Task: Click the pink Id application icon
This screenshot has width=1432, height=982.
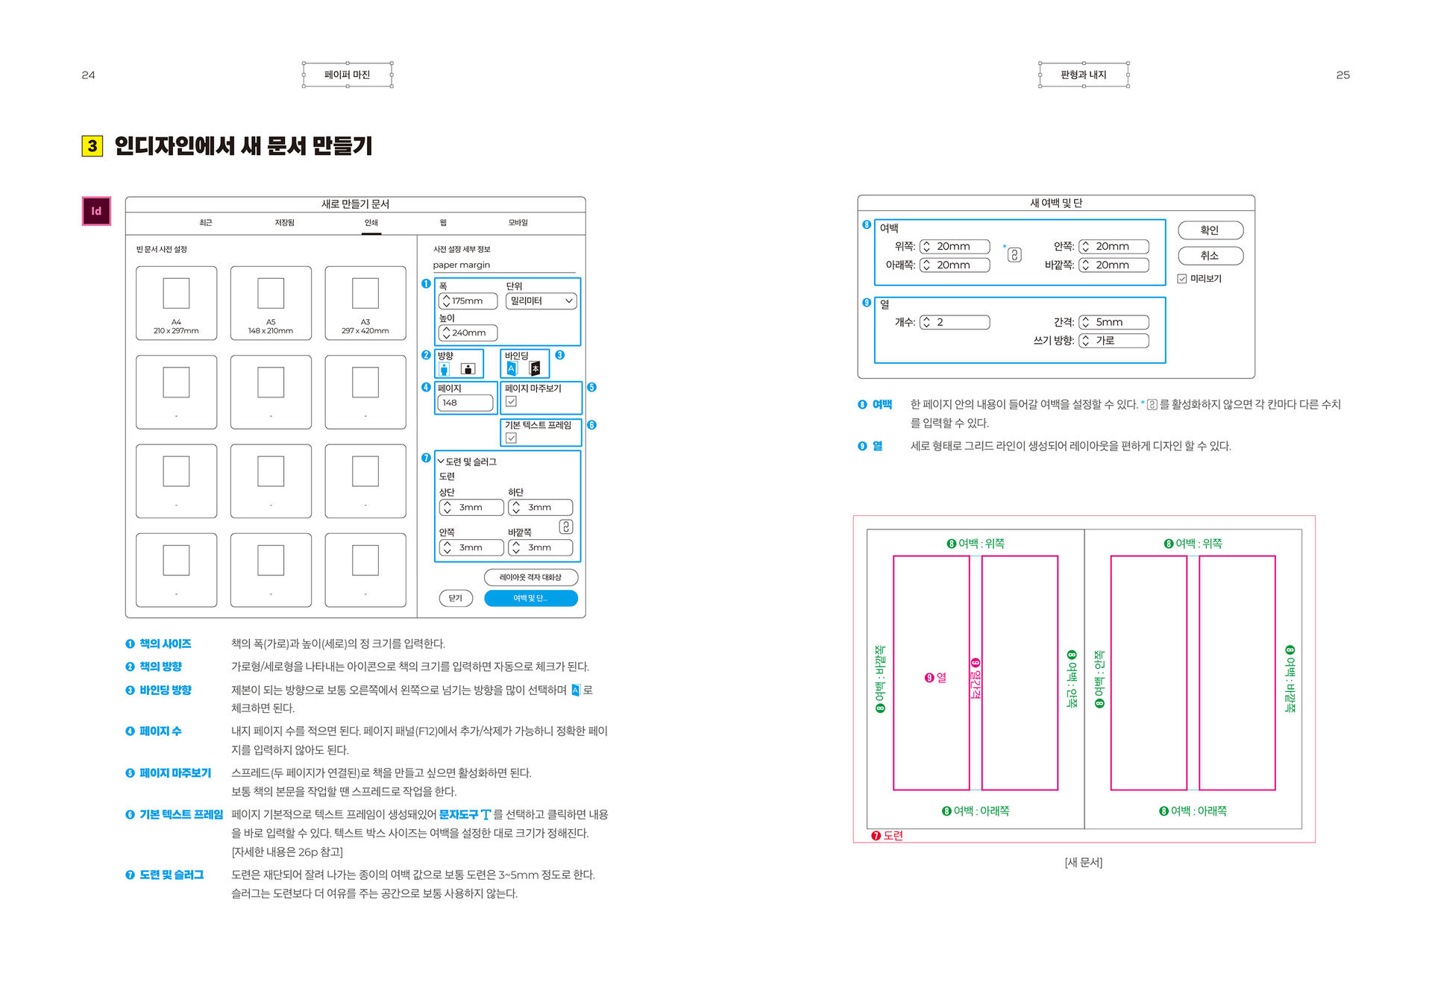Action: click(96, 211)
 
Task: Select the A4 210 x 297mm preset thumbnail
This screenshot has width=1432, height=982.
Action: click(176, 303)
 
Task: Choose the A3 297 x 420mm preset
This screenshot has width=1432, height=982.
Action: click(365, 303)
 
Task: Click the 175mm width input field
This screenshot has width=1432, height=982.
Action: click(468, 301)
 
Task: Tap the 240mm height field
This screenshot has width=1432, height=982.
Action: click(468, 333)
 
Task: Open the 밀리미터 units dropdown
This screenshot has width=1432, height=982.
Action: click(541, 301)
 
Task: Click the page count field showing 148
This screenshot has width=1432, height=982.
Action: click(465, 403)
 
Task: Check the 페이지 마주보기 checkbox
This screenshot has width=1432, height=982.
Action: click(511, 402)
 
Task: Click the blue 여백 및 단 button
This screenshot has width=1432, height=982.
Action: click(531, 598)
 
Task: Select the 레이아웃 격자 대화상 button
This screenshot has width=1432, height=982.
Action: click(531, 577)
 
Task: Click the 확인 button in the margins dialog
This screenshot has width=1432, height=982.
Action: click(1210, 230)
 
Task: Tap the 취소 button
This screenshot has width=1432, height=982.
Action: click(1210, 256)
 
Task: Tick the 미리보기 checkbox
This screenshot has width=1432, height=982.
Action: click(1182, 279)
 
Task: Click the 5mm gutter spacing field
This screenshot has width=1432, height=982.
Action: click(1114, 322)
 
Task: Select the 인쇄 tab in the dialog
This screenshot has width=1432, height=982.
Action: click(371, 223)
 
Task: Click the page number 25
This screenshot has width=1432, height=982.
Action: click(1342, 75)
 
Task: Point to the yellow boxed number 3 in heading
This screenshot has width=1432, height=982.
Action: click(92, 145)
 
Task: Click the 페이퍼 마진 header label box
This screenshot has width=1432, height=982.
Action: click(348, 75)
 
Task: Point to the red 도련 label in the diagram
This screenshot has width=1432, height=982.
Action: click(888, 836)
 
